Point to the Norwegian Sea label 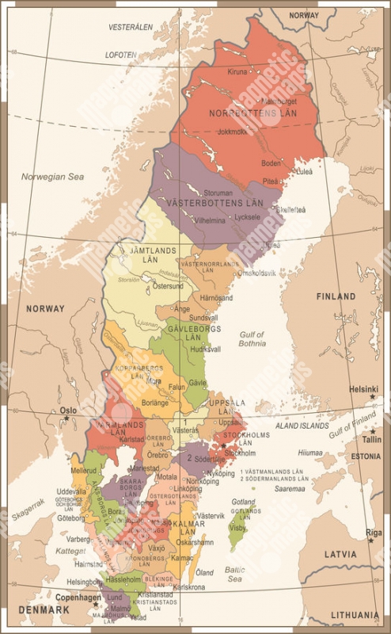[x=52, y=177]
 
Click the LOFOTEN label [x=121, y=55]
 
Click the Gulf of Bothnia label [x=252, y=339]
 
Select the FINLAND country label [x=336, y=296]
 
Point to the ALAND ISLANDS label [x=302, y=426]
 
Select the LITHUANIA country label [x=355, y=614]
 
